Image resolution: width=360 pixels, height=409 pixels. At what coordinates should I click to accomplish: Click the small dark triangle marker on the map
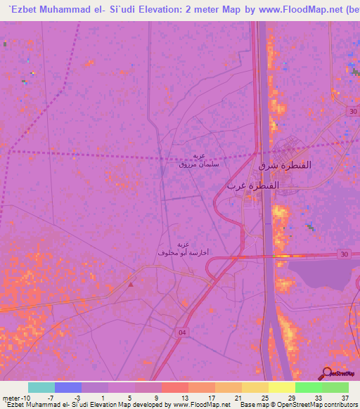coord(131,285)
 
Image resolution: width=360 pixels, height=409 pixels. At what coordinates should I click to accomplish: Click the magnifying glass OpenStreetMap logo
coord(327,374)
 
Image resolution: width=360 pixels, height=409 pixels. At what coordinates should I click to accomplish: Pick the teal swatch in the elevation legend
coord(41,387)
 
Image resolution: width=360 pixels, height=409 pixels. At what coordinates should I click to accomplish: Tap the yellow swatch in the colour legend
coord(281,387)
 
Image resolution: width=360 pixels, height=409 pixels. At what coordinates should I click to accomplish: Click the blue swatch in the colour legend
coord(68,387)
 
